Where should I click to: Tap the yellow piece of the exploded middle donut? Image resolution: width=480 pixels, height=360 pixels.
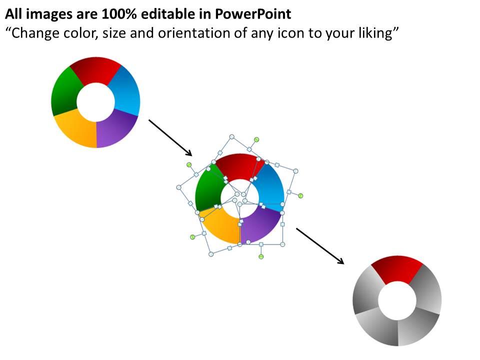(x=221, y=226)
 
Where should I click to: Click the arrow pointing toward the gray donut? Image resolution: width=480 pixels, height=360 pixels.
(x=320, y=246)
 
